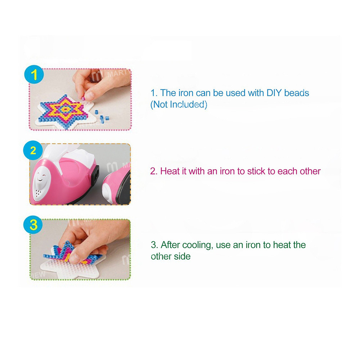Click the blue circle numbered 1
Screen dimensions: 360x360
(x=35, y=75)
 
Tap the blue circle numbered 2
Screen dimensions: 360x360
(x=33, y=150)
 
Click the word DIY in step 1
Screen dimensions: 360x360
(x=274, y=93)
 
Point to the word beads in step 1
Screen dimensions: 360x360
(x=296, y=93)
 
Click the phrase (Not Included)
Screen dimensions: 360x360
(x=179, y=105)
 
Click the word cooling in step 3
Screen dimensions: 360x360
(x=198, y=245)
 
